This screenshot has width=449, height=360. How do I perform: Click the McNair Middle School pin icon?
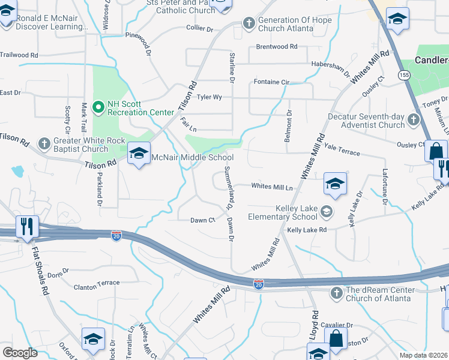[x=139, y=154]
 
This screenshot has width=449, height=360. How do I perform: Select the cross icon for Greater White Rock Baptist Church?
[x=44, y=144]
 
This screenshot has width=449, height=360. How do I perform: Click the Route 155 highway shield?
[x=403, y=75]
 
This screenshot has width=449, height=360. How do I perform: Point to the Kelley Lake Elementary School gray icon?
[x=326, y=211]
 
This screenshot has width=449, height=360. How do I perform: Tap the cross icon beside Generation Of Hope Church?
[x=249, y=23]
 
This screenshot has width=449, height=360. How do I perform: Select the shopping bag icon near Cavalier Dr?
[x=336, y=339]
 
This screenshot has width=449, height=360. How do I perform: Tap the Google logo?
[x=20, y=353]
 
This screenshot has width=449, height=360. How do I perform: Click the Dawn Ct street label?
[x=202, y=220]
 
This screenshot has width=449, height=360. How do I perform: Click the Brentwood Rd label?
[x=276, y=46]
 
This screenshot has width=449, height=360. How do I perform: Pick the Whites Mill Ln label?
[x=272, y=187]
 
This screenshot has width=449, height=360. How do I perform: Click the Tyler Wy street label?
[x=209, y=97]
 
